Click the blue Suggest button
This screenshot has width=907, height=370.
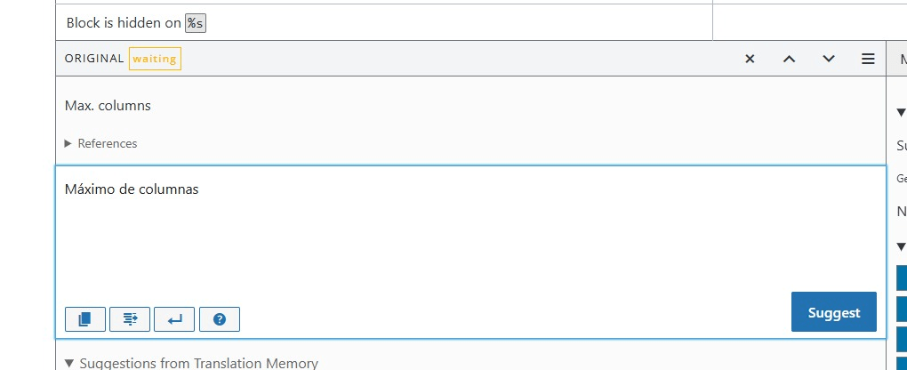833,312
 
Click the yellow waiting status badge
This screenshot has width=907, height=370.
155,59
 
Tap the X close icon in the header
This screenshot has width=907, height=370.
750,59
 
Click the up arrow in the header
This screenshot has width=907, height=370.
789,59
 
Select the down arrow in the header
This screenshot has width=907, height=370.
829,59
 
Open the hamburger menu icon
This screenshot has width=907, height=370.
868,59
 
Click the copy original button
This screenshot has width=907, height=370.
85,318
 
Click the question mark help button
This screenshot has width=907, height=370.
220,318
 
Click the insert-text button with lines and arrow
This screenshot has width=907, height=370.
130,318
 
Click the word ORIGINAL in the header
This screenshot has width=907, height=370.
94,59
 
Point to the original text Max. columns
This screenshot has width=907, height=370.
108,106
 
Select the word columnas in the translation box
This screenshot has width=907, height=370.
169,189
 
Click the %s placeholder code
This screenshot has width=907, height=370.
195,23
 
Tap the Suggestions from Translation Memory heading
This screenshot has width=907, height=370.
198,363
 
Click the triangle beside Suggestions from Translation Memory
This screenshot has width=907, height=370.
70,363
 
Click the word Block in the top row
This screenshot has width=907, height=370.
83,23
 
